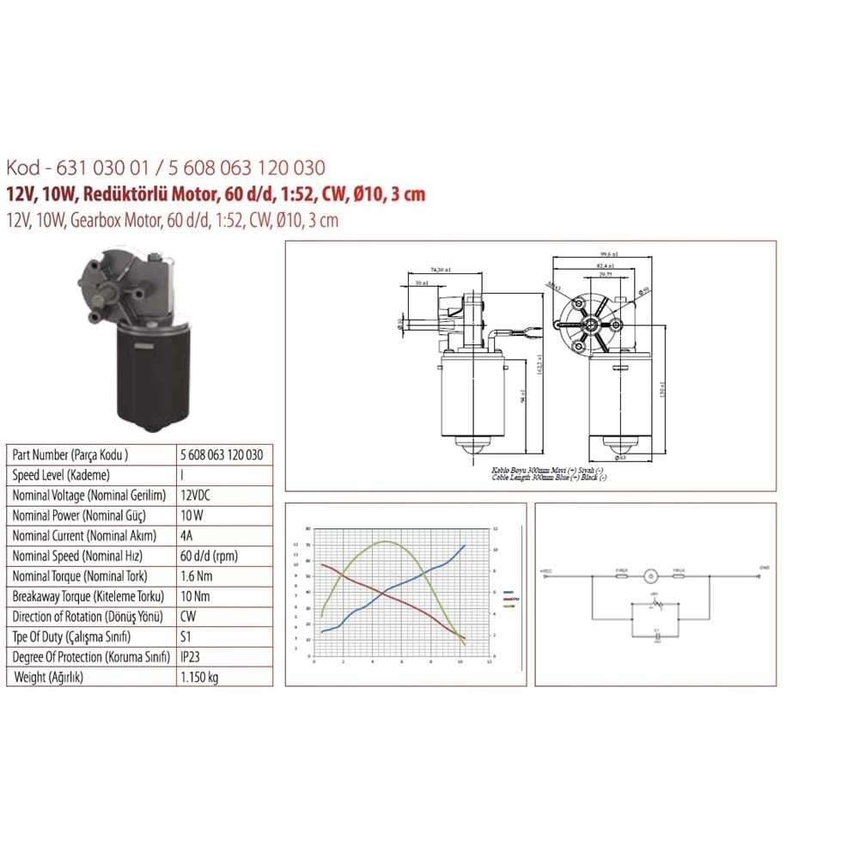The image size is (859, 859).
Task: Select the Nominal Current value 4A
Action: (x=186, y=535)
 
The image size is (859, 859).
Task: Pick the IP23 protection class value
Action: (x=192, y=657)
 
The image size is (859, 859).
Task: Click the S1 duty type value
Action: (x=187, y=637)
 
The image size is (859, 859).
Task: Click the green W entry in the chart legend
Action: (x=509, y=606)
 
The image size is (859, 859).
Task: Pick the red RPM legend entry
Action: (x=509, y=600)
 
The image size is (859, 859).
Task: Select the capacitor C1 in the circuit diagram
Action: (x=656, y=636)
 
